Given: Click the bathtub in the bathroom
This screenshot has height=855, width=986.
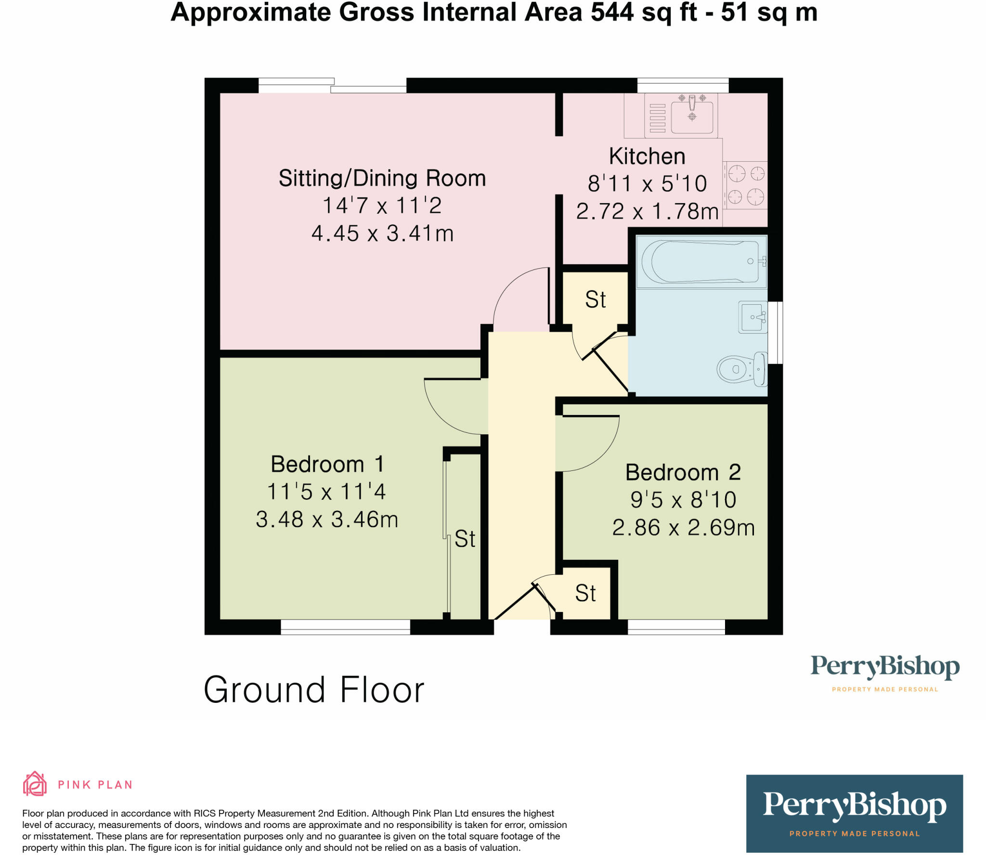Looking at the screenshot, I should tap(701, 261).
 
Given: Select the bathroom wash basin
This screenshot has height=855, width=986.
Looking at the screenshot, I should tap(752, 317).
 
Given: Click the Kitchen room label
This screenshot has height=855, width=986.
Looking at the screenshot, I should tap(647, 156).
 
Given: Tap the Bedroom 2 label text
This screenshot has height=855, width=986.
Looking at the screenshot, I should tap(683, 472).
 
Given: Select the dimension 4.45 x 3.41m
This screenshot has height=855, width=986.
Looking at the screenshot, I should tap(382, 233).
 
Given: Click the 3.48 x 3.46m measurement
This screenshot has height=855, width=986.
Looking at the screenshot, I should tap(327, 519).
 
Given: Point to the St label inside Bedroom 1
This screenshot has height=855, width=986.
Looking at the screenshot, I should tap(465, 539).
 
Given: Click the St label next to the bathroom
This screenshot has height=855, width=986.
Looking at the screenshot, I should tap(595, 299).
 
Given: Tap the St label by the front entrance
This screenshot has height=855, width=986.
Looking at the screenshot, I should tap(585, 593).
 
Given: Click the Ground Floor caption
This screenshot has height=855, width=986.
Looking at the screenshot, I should tap(314, 690).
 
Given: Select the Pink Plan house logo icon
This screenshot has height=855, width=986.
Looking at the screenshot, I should tap(35, 784).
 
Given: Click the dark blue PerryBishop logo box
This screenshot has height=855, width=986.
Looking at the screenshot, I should tap(854, 813).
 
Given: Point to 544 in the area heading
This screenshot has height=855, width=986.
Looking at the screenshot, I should tap(612, 12).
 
